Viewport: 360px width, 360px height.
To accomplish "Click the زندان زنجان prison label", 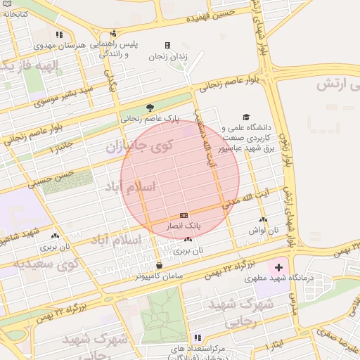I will pos(167,57).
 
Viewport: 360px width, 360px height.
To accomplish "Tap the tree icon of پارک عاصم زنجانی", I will pos(150,108).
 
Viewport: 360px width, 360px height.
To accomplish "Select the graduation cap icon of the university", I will pos(245,117).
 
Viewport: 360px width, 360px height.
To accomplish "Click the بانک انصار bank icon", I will pos(184,215).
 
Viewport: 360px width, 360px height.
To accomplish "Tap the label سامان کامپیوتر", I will pos(161,276).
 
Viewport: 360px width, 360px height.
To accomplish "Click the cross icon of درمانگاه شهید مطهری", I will pos(279,267).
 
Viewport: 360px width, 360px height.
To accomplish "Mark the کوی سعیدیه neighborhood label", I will pos(39,266).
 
